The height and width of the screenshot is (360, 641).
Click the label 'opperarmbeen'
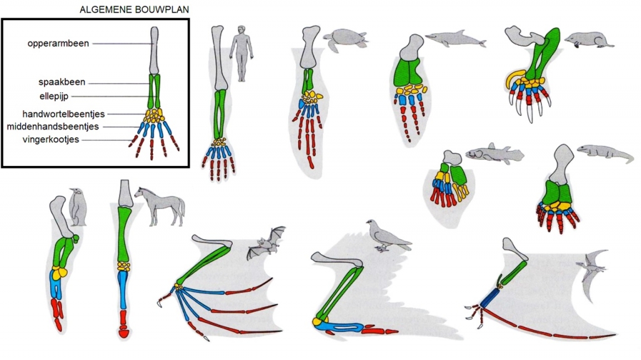pyautogui.click(x=58, y=43)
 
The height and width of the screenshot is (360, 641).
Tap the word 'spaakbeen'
pyautogui.click(x=62, y=82)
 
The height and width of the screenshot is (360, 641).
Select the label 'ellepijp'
pyautogui.click(x=54, y=96)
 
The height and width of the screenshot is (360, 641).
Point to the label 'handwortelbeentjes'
pyautogui.click(x=63, y=114)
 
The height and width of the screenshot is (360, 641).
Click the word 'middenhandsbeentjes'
pyautogui.click(x=53, y=127)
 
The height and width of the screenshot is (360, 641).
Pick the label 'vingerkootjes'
pyautogui.click(x=51, y=140)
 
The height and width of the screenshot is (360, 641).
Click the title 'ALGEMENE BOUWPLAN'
pyautogui.click(x=134, y=9)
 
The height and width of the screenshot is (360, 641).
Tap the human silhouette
pyautogui.click(x=241, y=53)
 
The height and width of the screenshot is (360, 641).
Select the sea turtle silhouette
pyautogui.click(x=346, y=39)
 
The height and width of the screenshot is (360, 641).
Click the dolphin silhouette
pyautogui.click(x=456, y=39)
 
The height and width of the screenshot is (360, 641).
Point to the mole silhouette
pyautogui.click(x=588, y=39)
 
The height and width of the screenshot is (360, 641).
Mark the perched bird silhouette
pyautogui.click(x=388, y=235)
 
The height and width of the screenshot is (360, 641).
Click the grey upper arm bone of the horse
pyautogui.click(x=125, y=193)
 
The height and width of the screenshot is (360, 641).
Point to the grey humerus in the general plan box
pyautogui.click(x=154, y=51)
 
